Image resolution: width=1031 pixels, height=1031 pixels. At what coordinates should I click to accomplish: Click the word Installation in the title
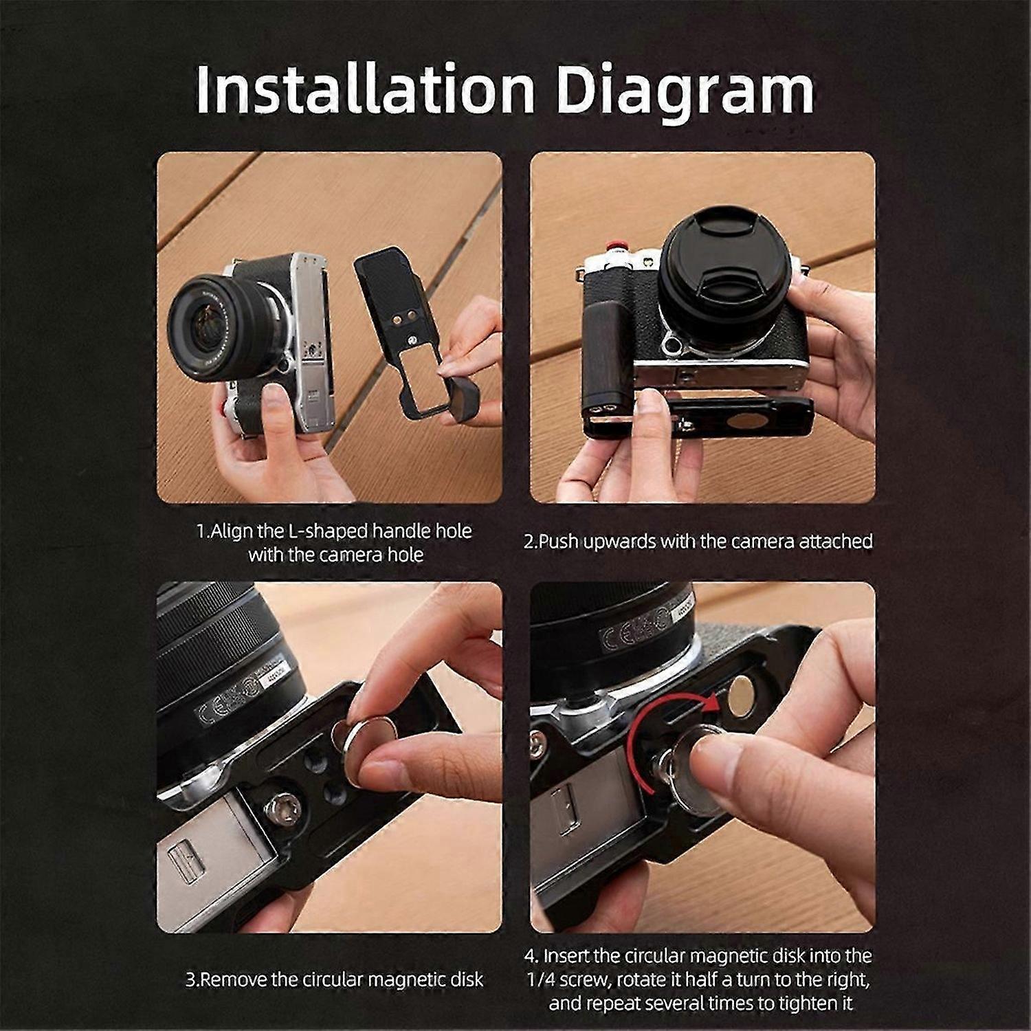point(365,89)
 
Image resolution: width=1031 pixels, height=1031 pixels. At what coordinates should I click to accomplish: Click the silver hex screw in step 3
point(282,807)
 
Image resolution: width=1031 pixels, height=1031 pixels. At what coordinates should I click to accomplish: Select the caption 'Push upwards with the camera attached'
point(698,541)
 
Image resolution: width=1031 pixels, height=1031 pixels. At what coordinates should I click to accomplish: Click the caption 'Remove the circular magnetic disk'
point(335,979)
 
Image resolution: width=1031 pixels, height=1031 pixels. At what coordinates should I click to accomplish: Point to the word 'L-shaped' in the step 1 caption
point(354,532)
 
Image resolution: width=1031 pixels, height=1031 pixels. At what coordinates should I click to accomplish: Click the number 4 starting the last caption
point(531,956)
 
